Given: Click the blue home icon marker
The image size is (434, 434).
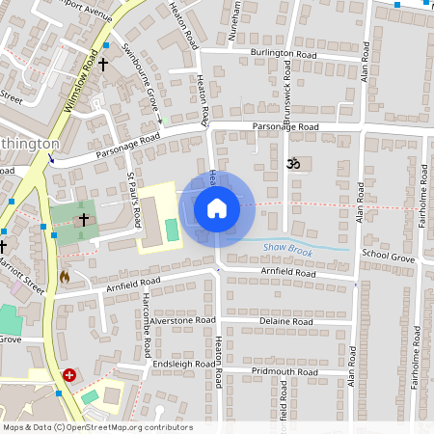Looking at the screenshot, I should coord(217,207).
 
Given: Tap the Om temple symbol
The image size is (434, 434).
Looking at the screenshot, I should coord(295,165).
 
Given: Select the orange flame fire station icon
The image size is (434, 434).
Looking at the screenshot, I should coord(65,276).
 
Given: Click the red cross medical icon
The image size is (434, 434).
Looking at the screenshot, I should coord(69,374).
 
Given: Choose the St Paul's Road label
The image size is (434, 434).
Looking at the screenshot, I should coord(135,197).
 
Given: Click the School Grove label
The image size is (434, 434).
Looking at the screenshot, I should coord(388,259).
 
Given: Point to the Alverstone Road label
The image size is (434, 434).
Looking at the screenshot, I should coord(181,319).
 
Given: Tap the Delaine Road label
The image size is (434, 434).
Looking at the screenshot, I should coord(285,321).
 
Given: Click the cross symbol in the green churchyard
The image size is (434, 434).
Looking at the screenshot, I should coord(83,220).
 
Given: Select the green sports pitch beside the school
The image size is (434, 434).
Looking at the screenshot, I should coord(172,231).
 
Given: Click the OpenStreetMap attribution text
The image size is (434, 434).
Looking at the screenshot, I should coord(97,427).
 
